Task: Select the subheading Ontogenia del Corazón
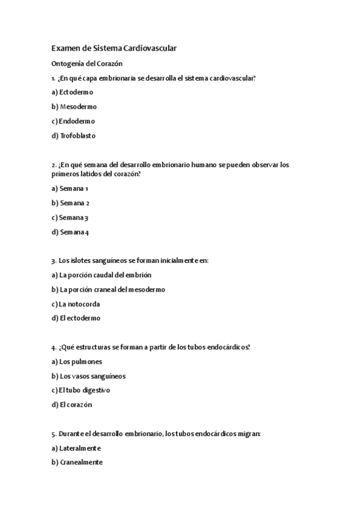click(87, 63)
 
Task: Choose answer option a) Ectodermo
click(73, 92)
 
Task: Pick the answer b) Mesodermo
click(75, 106)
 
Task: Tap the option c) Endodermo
click(73, 121)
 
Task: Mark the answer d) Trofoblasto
click(74, 135)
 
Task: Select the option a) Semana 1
click(70, 188)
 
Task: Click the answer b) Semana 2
click(71, 203)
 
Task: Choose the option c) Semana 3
click(70, 217)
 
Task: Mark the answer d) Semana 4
click(71, 232)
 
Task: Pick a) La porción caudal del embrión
click(102, 275)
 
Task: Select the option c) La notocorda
click(76, 304)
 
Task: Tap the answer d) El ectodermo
click(76, 318)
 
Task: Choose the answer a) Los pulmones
click(78, 361)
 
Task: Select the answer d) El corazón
click(72, 405)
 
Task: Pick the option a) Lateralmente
click(76, 448)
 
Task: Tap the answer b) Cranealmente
click(78, 462)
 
